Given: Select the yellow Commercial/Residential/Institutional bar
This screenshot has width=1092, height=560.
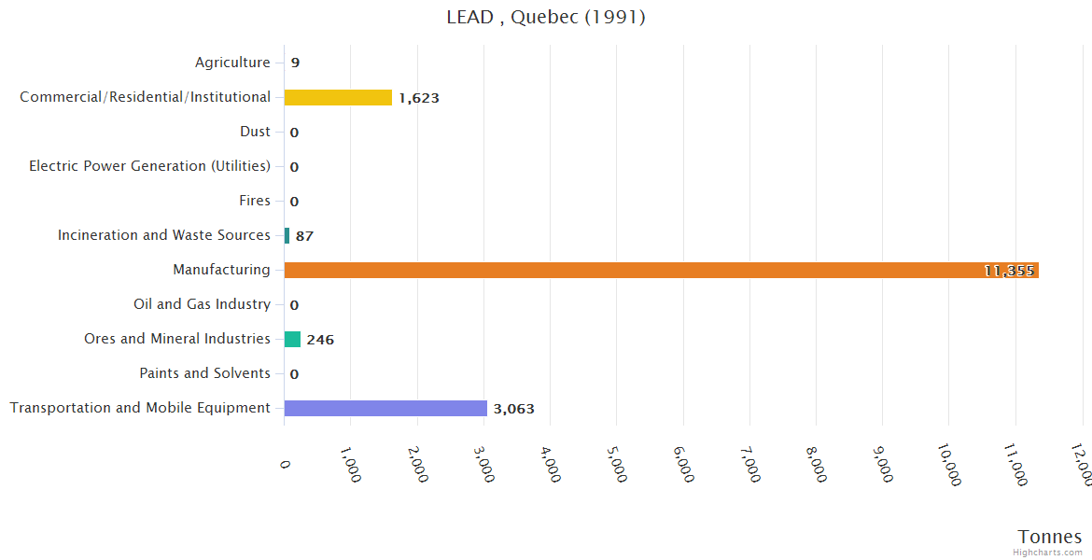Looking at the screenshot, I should (x=338, y=98).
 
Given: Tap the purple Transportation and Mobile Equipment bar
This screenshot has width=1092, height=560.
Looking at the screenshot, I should (x=385, y=408).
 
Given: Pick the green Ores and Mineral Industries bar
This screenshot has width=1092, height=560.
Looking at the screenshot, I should (x=292, y=339).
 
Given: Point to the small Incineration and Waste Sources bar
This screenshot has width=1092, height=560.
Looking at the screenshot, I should (x=287, y=236).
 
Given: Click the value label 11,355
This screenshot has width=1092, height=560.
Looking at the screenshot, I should (x=1009, y=271).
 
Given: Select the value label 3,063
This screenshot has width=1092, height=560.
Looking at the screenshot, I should (x=513, y=409).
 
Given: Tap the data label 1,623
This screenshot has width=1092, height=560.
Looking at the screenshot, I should (x=418, y=98).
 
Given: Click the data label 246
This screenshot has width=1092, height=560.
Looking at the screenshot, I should (x=320, y=340).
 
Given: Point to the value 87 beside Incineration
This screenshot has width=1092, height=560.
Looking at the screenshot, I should (x=304, y=236).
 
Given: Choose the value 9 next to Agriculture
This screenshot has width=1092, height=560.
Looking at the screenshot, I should (x=295, y=63).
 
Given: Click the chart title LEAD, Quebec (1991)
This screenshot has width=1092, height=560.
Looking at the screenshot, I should (x=546, y=18).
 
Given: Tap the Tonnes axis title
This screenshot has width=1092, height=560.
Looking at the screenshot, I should (x=1050, y=537).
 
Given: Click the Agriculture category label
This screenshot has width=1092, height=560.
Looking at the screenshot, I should (x=232, y=63).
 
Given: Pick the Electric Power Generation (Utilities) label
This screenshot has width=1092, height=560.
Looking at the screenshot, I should (x=149, y=166).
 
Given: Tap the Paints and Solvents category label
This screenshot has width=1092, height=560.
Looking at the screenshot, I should (x=204, y=373).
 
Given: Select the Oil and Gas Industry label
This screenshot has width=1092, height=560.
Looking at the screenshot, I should (x=202, y=304).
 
